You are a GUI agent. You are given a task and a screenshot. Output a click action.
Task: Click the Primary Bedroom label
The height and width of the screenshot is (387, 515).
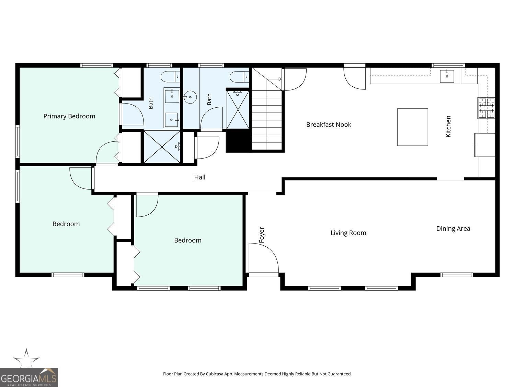point(69,116)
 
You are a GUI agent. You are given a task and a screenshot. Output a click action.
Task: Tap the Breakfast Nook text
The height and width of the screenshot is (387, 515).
point(329,125)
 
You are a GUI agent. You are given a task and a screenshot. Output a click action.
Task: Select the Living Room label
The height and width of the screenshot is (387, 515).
point(348,233)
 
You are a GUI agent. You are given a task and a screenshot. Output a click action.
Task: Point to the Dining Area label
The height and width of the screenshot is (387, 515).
point(453,229)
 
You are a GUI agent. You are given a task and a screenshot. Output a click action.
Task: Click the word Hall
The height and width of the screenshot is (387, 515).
point(200,177)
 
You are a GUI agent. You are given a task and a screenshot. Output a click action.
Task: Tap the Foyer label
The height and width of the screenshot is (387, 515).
point(261,235)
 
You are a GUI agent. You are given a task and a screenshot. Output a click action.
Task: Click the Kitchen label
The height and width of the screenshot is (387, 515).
point(448,126)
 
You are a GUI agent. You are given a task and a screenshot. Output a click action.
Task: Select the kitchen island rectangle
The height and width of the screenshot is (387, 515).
point(412,127)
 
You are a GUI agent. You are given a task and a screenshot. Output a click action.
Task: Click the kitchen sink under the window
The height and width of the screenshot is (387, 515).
point(447,76)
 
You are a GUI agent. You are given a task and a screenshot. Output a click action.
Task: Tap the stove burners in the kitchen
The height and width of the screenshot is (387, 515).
point(487,108)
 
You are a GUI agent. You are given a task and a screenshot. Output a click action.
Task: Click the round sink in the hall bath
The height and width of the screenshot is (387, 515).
point(190,97)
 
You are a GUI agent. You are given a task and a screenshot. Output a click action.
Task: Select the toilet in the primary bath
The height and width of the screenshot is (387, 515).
point(170,77)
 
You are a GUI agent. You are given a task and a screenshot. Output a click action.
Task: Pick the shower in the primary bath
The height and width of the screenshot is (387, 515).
point(162,147)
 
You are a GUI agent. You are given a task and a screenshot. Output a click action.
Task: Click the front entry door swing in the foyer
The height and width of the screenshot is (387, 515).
point(264,258)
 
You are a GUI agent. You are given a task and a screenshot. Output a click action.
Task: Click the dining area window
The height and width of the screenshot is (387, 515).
point(456,275)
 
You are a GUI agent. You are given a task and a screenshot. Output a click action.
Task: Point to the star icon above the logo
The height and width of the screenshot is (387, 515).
point(26,358)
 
